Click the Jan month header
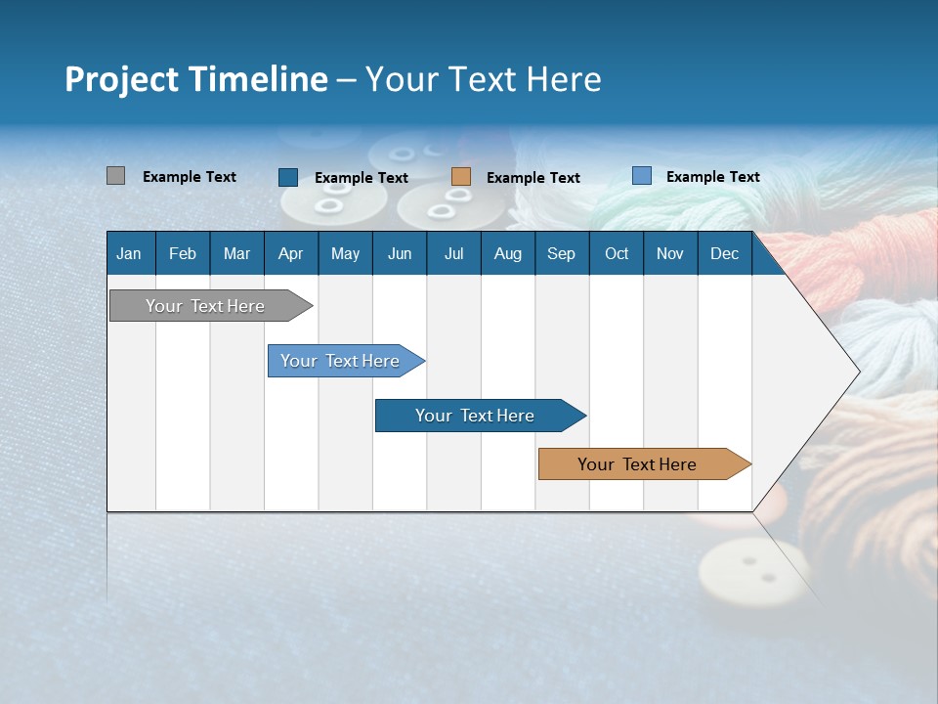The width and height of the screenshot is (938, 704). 129,253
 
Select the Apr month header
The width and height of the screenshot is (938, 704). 290,253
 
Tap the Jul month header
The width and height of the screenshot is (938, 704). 453,253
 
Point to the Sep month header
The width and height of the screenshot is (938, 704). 561,253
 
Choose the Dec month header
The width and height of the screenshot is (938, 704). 724,253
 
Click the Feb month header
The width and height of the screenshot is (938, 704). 183,253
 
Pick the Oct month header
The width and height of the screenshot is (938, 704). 617,253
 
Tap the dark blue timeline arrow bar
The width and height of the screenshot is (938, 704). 476,416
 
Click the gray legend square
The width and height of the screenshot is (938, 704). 115,176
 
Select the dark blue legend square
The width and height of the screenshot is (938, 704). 288,177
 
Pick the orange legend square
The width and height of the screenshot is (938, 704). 461,177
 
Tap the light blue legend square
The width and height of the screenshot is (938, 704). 642,176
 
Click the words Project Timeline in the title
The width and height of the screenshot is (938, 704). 195,79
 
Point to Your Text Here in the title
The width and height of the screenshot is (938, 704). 483,79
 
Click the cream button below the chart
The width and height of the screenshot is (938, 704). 752,573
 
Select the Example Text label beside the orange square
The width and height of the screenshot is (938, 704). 533,178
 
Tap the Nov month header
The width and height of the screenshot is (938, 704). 670,253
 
